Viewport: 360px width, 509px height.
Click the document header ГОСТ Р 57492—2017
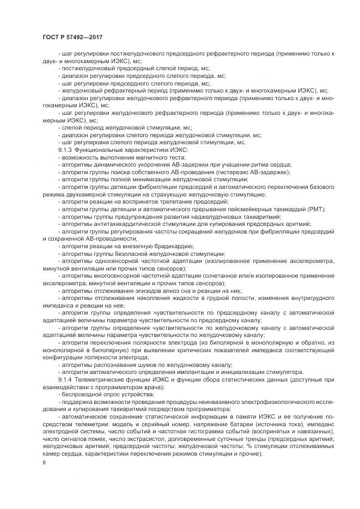click(72, 37)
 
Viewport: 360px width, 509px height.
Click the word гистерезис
click(225, 171)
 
